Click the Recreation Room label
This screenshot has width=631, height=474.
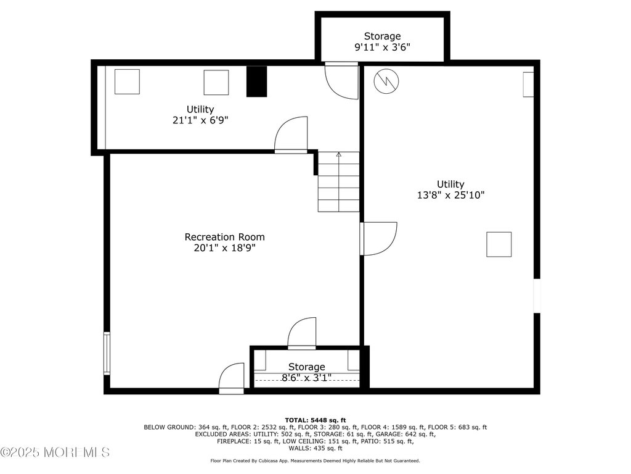(x=224, y=237)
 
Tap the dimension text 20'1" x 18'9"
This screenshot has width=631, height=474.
(x=224, y=248)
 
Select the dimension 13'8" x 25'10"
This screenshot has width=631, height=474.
(x=450, y=195)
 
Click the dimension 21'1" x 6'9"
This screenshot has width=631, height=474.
(x=200, y=120)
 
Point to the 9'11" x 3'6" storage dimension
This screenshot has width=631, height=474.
(x=382, y=47)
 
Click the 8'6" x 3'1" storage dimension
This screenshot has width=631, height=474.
(x=306, y=377)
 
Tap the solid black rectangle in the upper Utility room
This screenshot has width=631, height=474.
(x=257, y=81)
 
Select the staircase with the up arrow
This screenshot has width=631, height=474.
(x=338, y=182)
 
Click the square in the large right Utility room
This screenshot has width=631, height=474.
(x=499, y=244)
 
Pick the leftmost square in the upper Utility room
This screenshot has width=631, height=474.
(x=127, y=81)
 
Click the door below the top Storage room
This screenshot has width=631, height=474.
(x=341, y=80)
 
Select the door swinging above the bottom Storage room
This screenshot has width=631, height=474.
(x=302, y=333)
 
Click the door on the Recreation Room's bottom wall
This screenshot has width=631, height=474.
(x=232, y=378)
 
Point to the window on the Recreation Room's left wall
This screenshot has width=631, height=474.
(x=107, y=353)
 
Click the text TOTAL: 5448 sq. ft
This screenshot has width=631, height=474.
(x=315, y=420)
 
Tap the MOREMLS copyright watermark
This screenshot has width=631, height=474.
(x=55, y=452)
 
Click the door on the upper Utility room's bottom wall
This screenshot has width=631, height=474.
(x=290, y=135)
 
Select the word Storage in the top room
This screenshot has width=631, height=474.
(x=382, y=36)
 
